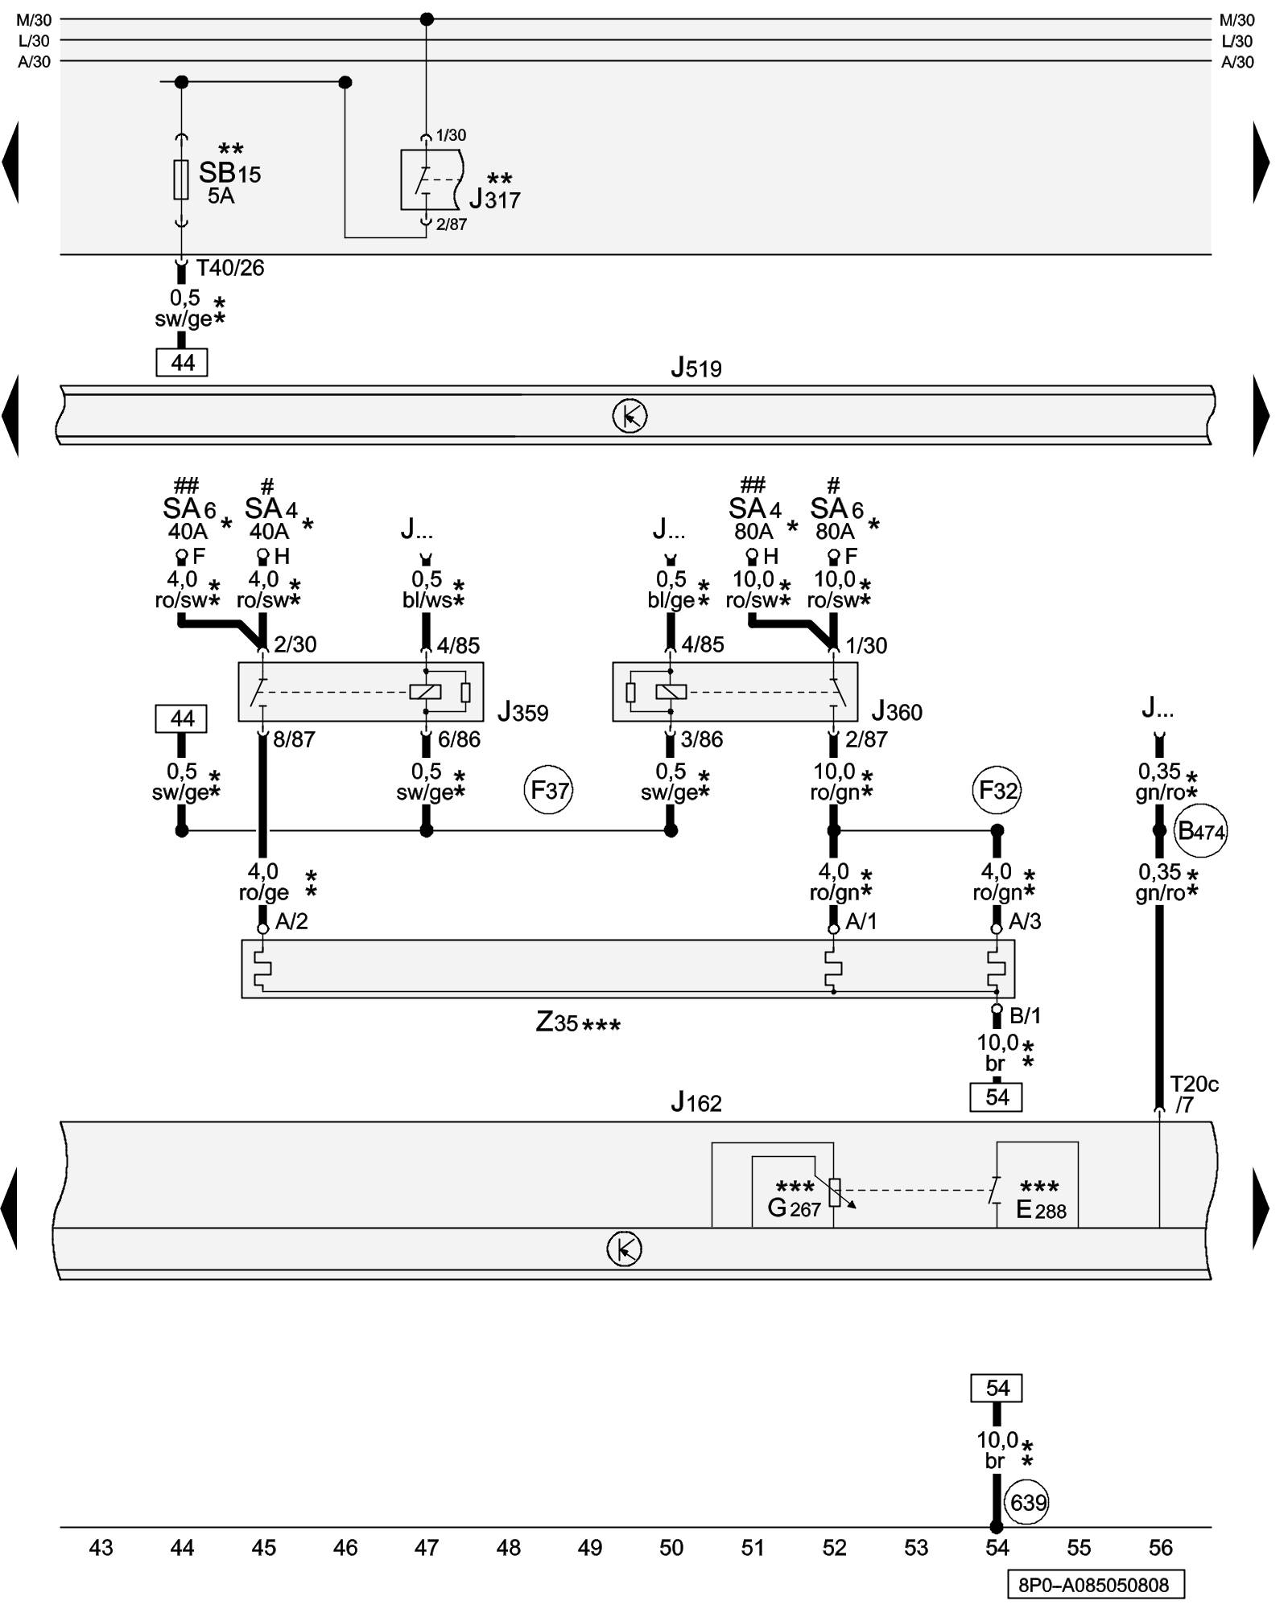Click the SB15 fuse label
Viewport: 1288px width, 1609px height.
coord(229,173)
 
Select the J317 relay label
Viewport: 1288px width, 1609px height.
coord(494,199)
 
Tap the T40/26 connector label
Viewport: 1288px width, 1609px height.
coord(230,268)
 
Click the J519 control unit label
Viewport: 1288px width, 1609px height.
coord(696,368)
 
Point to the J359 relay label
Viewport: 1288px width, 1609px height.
coord(522,712)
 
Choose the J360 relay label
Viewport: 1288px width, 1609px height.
coord(897,711)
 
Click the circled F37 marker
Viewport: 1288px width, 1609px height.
coord(549,790)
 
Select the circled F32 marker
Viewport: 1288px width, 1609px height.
coord(997,790)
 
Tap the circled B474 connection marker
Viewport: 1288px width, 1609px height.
coord(1201,831)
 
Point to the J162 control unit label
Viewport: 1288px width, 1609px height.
coord(696,1102)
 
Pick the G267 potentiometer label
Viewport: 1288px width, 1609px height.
coord(795,1208)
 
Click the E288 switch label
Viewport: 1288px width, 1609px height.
coord(1041,1209)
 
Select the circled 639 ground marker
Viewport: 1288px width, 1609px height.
coord(1028,1502)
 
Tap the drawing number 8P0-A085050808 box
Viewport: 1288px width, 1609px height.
coord(1095,1585)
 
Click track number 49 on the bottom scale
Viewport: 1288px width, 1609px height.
coord(590,1547)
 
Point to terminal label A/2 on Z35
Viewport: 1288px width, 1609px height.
coord(291,922)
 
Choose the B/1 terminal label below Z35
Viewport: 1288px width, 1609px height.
coord(1025,1016)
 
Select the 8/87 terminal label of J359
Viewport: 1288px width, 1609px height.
coord(294,739)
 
